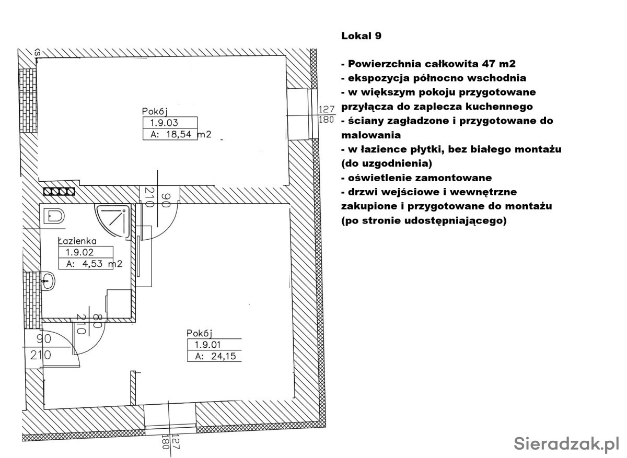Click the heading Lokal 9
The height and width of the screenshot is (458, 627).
click(x=361, y=36)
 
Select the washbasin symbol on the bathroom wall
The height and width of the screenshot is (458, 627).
click(x=48, y=282)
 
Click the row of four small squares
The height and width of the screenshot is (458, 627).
click(x=59, y=192)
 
